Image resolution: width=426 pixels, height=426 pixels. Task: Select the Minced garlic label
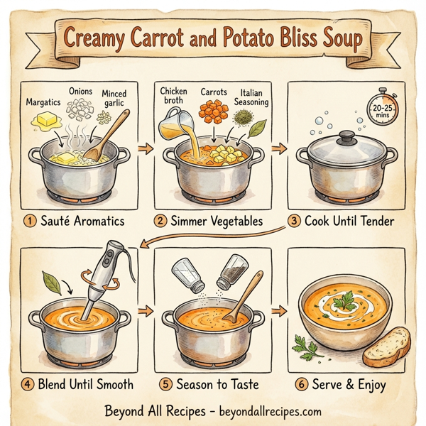tap(114, 99)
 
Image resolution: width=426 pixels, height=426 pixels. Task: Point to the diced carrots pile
tap(212, 111)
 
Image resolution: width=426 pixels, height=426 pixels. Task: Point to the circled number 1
tap(30, 221)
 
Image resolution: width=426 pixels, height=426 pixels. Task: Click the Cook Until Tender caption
tap(348, 221)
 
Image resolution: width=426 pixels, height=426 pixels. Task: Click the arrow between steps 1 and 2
tap(145, 149)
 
